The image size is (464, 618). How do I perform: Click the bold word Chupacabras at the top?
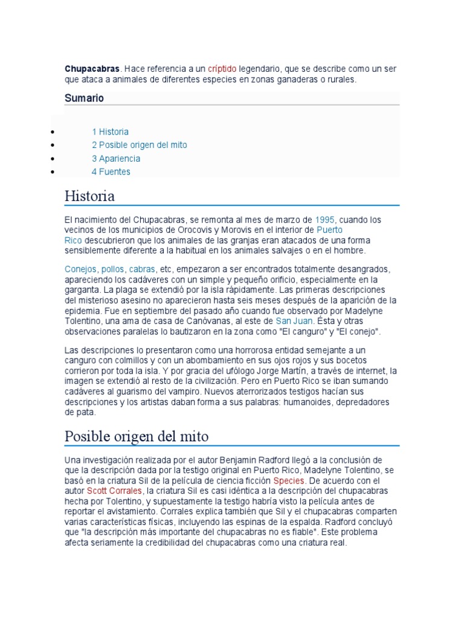coord(92,69)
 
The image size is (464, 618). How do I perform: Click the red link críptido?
coord(222,69)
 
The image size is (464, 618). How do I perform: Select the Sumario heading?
coord(85,98)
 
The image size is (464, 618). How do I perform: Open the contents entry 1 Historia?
coord(110,132)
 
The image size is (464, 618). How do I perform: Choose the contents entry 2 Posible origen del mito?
coord(140,145)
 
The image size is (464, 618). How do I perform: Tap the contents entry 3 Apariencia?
coord(116,158)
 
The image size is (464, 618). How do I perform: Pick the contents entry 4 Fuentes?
coord(111,171)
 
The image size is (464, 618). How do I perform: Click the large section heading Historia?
coord(89,196)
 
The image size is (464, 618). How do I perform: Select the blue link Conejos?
coord(80,269)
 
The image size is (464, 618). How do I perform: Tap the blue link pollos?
coord(113,269)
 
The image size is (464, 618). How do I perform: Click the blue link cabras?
coord(142,269)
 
